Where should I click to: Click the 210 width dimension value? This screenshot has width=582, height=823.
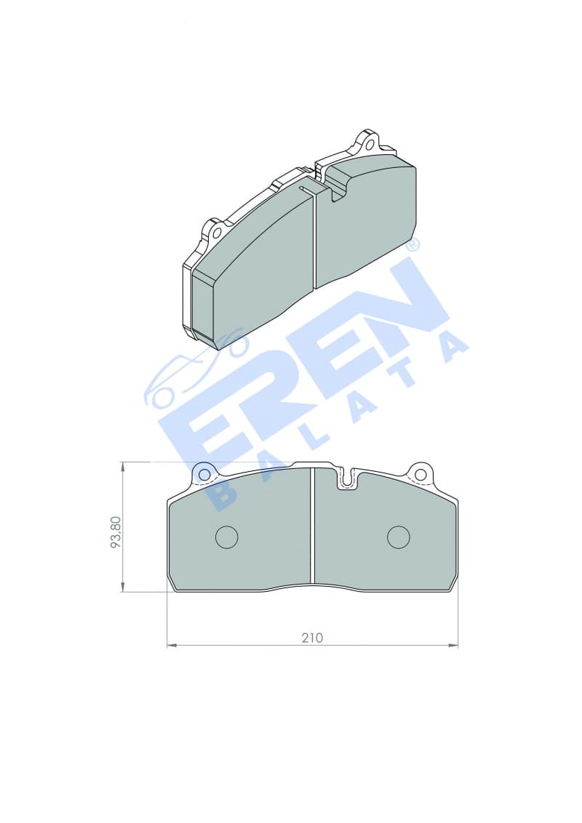tap(312, 638)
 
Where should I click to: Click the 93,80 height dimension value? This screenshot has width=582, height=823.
tap(116, 531)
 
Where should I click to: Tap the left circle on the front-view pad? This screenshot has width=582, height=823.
tap(227, 537)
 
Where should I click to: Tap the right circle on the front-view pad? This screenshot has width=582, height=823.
tap(398, 537)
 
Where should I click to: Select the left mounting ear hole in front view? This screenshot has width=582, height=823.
tap(204, 475)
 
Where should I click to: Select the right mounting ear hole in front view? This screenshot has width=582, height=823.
tap(420, 475)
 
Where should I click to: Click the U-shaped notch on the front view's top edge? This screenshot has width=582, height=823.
tap(346, 479)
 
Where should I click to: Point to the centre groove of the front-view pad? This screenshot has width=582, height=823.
tap(312, 525)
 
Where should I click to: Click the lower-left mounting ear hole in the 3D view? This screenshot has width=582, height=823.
tap(216, 232)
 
